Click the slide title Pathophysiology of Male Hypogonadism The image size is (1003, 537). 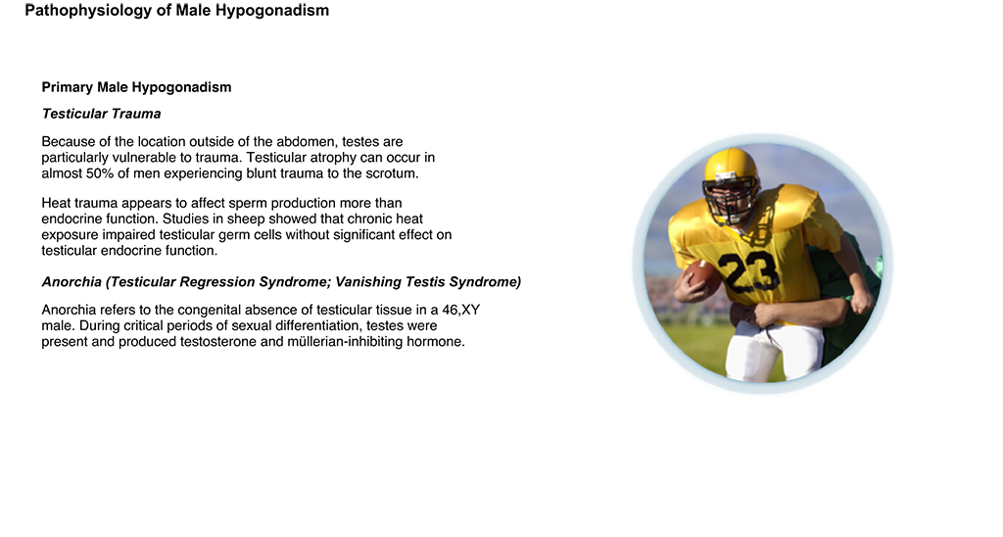(x=176, y=11)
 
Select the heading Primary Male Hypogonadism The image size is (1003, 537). (x=136, y=87)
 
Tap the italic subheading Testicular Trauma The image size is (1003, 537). (x=101, y=114)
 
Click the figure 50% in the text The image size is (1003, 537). (x=100, y=173)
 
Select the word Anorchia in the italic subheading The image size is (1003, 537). (x=72, y=282)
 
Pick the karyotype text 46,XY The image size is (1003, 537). (x=460, y=311)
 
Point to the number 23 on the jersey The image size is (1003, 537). (x=748, y=271)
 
